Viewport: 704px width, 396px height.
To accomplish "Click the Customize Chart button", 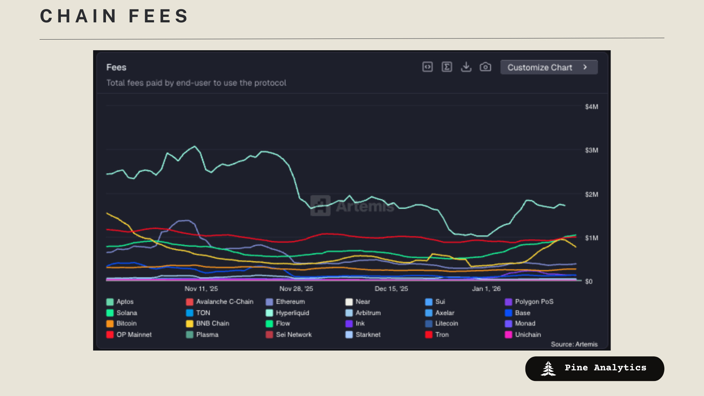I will [x=549, y=67].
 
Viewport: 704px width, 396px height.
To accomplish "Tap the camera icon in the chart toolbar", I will [x=485, y=67].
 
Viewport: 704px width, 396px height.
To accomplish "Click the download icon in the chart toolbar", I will [x=466, y=67].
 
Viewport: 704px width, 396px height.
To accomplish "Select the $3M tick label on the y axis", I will [x=591, y=150].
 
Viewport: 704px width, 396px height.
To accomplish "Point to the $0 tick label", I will [x=588, y=282].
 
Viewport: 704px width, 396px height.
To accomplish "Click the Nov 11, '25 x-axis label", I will [x=201, y=289].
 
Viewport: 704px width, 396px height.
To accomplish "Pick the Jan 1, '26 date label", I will [x=486, y=289].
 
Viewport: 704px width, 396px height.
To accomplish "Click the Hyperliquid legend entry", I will [x=292, y=313].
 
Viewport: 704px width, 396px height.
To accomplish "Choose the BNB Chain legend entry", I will [x=212, y=324].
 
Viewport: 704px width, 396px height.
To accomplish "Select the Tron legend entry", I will [x=441, y=335].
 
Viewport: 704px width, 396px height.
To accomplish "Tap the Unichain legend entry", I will [x=527, y=335].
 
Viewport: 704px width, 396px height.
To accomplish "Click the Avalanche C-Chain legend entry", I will [x=224, y=302].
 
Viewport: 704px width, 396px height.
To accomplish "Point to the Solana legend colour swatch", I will [x=110, y=313].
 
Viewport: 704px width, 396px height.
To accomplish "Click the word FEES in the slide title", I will [x=158, y=16].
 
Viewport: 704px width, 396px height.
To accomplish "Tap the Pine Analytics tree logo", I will [x=548, y=369].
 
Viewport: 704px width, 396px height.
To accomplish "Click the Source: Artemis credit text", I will [x=574, y=344].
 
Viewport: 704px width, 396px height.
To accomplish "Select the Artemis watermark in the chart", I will [x=352, y=206].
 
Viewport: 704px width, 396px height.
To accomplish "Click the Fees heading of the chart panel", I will [x=116, y=67].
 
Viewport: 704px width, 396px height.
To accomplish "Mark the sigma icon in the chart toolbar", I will [x=447, y=67].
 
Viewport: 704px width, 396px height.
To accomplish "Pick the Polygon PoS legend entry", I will [x=533, y=302].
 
